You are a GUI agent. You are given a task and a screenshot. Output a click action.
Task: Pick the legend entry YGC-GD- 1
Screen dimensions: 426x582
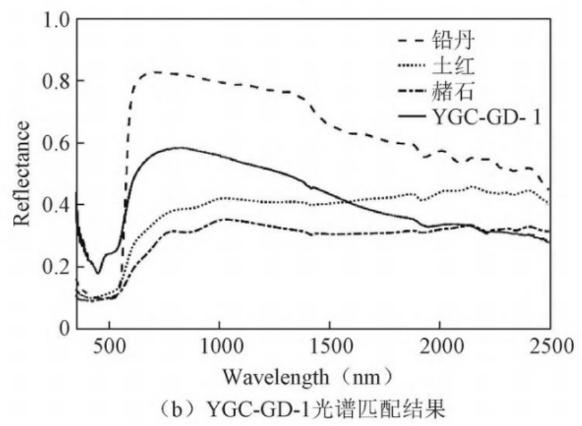click(489, 117)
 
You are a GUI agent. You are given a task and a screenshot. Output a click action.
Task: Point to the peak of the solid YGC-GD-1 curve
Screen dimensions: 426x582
click(179, 148)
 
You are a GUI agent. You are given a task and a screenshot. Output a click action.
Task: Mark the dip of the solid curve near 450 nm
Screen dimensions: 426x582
click(99, 272)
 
